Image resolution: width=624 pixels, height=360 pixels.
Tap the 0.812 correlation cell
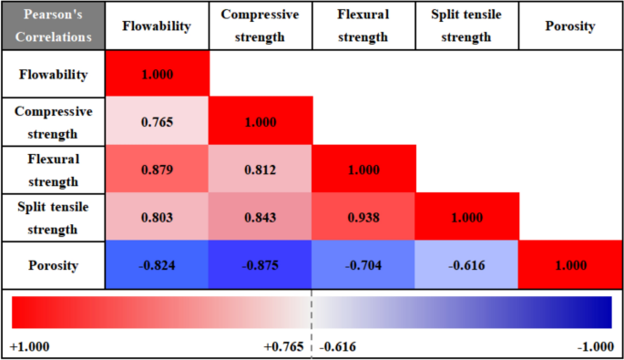point(261,170)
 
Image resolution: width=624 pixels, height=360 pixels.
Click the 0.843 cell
point(261,218)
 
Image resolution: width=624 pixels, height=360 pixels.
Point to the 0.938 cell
point(364,218)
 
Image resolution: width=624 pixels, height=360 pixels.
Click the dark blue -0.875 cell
point(261,266)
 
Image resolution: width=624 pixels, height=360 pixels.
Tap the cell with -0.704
point(364,266)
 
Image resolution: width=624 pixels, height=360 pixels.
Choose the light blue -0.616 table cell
point(467,266)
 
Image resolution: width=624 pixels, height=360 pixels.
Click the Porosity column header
point(570,26)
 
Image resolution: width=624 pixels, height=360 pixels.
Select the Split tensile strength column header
point(467,26)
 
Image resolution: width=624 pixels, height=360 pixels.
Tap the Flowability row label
point(55,75)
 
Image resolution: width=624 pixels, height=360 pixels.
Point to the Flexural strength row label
point(55,170)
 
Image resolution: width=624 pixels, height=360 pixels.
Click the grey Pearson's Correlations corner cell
point(53,26)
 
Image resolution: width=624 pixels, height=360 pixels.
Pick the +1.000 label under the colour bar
point(30,347)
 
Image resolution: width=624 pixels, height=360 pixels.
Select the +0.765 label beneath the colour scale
point(284,347)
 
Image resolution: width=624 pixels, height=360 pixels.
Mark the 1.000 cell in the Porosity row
point(570,266)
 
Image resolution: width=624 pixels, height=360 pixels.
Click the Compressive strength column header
point(261,26)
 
